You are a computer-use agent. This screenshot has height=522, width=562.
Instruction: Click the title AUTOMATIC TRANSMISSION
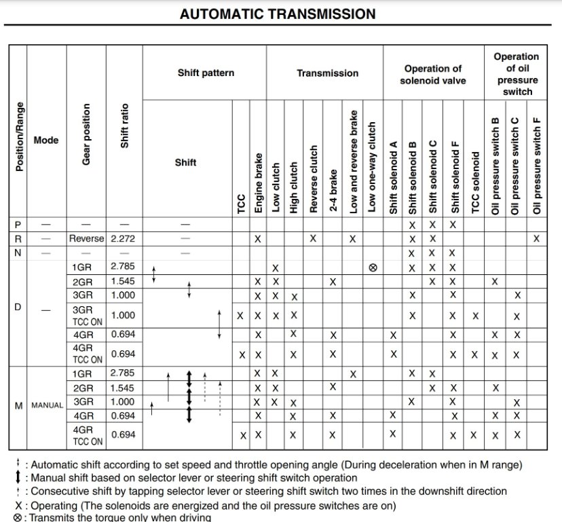coord(277,14)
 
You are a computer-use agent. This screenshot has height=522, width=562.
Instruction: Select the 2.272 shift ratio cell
coord(124,238)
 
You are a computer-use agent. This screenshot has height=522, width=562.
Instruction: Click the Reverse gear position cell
coord(86,238)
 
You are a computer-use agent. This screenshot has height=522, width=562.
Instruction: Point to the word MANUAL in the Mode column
coord(47,405)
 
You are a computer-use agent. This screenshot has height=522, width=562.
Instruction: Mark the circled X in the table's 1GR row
coord(372,267)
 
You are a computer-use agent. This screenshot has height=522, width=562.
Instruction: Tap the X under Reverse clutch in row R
coord(313,238)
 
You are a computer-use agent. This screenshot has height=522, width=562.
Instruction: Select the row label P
coord(18,224)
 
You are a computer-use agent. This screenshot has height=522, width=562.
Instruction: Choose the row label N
coord(18,253)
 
